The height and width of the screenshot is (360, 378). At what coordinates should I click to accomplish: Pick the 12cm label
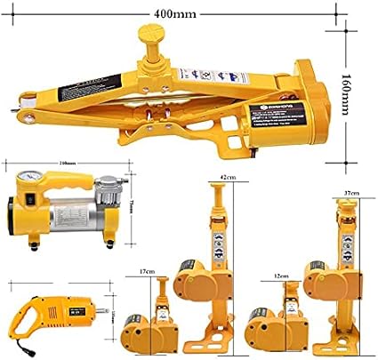tap(282, 276)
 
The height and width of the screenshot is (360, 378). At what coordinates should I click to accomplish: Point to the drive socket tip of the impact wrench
tap(104, 312)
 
